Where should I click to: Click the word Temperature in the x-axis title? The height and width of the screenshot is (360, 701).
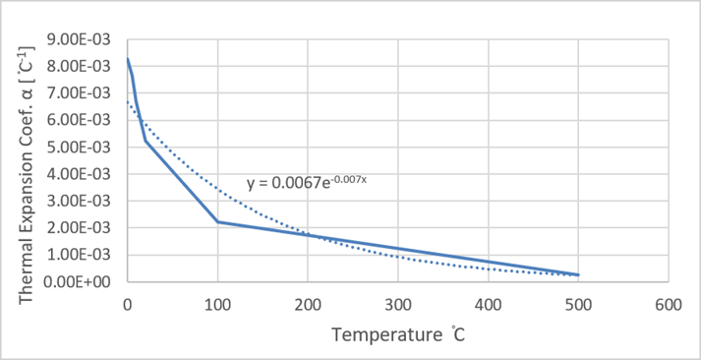click(379, 334)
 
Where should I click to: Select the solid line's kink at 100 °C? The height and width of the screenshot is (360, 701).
click(217, 221)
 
